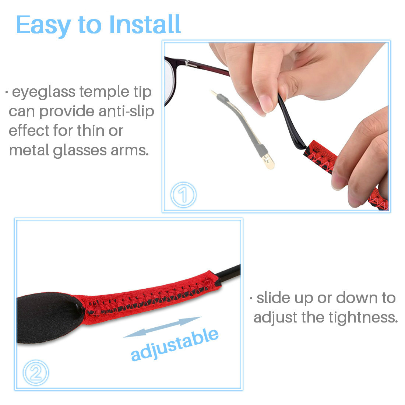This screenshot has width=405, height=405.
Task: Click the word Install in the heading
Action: coord(145,24)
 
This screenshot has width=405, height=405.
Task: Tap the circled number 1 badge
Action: coord(183,194)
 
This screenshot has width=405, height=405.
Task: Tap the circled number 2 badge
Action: coord(36,373)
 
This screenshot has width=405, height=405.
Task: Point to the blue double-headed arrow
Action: coord(162,327)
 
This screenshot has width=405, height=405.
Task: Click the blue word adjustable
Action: coord(175,345)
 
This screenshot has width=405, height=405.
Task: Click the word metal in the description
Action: coord(29,150)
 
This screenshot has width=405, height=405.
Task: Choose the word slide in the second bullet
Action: coord(274,298)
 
